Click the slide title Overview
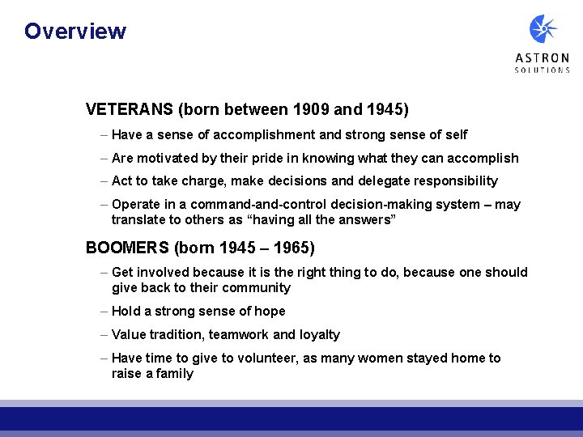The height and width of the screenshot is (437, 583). click(75, 32)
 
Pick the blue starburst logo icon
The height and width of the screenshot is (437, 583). click(543, 30)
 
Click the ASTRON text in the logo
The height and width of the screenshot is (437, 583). click(542, 58)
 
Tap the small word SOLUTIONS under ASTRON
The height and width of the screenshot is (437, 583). click(542, 70)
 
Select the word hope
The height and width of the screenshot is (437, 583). click(270, 312)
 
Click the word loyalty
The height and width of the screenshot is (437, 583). click(319, 335)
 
